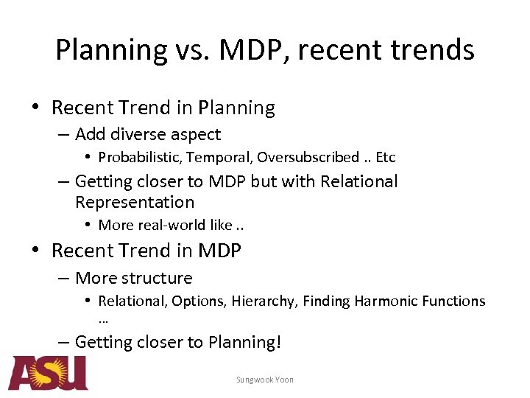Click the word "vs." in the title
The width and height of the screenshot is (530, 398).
click(x=195, y=50)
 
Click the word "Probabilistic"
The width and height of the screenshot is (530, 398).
click(x=139, y=157)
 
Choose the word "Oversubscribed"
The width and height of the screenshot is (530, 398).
click(x=308, y=157)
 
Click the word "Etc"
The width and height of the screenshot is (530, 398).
click(x=385, y=157)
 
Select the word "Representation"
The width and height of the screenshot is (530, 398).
click(x=135, y=202)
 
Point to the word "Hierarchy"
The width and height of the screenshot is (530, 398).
click(x=263, y=301)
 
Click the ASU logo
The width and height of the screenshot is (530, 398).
click(x=48, y=373)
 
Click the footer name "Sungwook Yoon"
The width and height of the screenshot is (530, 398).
click(x=265, y=380)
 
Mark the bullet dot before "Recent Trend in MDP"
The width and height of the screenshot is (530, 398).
click(x=35, y=251)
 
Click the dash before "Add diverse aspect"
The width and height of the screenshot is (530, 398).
click(x=63, y=134)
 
